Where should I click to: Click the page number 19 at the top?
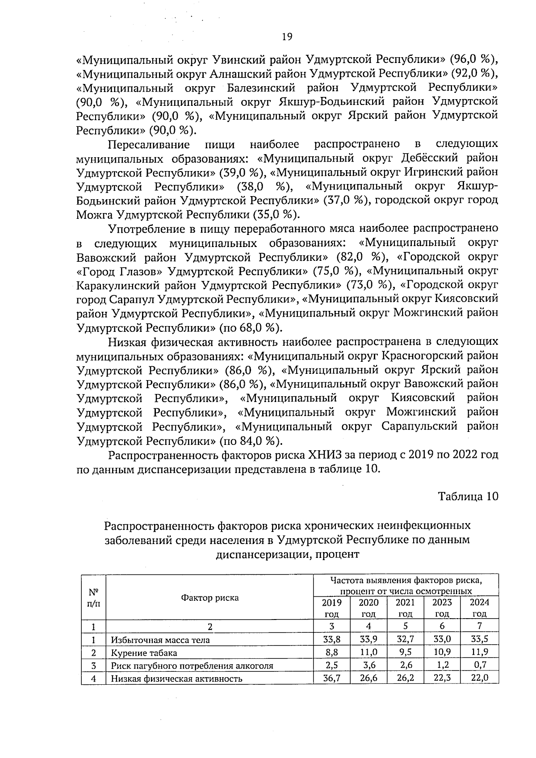(x=287, y=37)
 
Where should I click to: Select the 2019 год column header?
(x=331, y=608)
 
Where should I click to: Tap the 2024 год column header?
(x=479, y=608)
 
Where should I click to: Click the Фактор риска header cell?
(x=209, y=598)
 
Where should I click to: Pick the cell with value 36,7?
(x=331, y=678)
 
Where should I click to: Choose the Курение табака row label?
(x=144, y=653)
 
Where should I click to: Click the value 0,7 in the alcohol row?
(x=479, y=666)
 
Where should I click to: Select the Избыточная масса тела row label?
(x=160, y=640)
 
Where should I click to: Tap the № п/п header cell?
(x=93, y=598)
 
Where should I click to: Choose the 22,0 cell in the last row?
(x=479, y=678)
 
